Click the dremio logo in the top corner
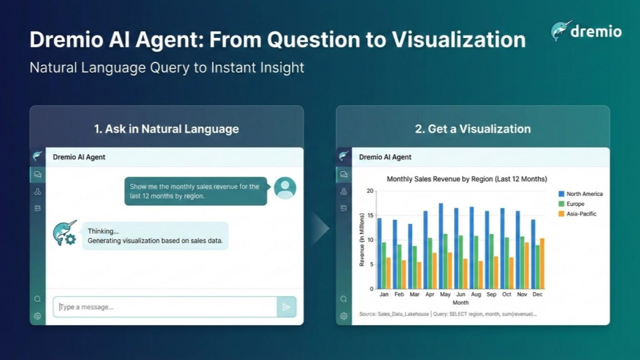pyautogui.click(x=586, y=31)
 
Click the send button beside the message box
pyautogui.click(x=286, y=307)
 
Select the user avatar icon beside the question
pyautogui.click(x=285, y=188)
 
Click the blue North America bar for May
pyautogui.click(x=441, y=246)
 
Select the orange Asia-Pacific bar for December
pyautogui.click(x=541, y=263)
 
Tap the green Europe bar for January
pyautogui.click(x=384, y=265)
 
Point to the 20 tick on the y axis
pyautogui.click(x=370, y=191)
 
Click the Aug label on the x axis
pyautogui.click(x=476, y=294)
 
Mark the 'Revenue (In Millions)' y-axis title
pyautogui.click(x=362, y=240)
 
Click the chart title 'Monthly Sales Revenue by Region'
pyautogui.click(x=467, y=179)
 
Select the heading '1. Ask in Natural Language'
pyautogui.click(x=166, y=129)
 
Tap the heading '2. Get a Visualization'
pyautogui.click(x=473, y=129)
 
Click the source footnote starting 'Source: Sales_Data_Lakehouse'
pyautogui.click(x=447, y=313)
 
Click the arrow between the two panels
pyautogui.click(x=320, y=229)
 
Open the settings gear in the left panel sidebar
pyautogui.click(x=37, y=316)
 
